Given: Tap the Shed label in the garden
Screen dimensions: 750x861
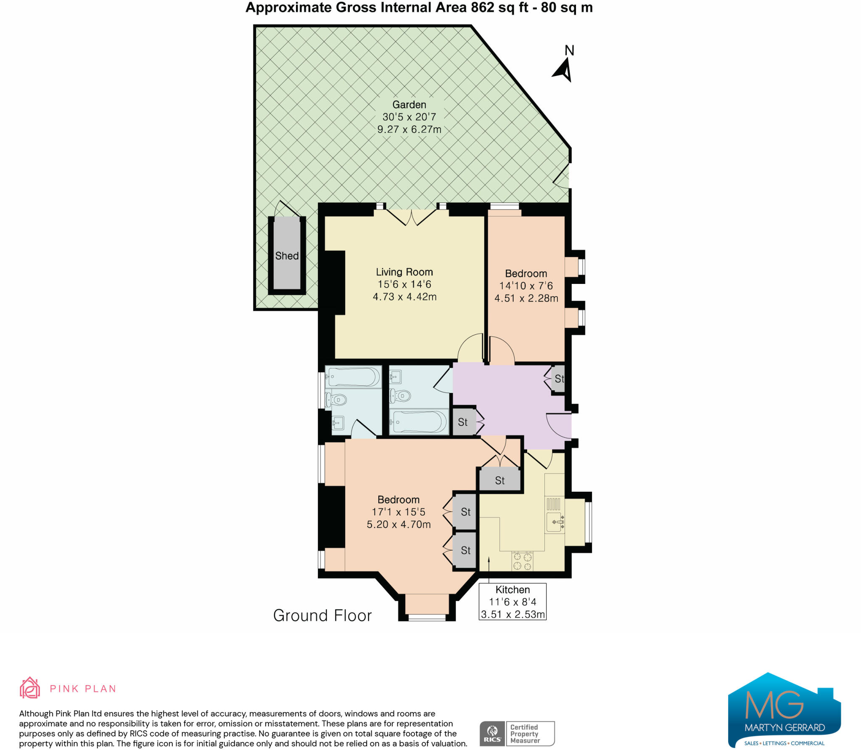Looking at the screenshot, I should [287, 256].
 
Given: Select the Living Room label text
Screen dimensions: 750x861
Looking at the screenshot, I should [404, 272].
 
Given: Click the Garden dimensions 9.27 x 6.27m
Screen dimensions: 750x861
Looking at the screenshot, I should [409, 130].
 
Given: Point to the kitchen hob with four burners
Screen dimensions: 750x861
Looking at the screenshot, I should [522, 561].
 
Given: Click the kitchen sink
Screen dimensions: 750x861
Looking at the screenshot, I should [554, 522].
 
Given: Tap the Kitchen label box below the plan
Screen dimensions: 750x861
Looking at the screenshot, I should [512, 602].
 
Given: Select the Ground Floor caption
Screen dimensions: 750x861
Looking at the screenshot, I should [322, 615].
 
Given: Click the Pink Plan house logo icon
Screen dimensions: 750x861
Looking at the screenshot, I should [30, 688].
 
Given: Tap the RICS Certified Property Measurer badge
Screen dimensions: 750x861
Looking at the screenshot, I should [517, 734].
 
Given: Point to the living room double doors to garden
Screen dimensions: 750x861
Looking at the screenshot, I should [412, 217].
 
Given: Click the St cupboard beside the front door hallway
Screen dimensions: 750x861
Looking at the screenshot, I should [558, 379].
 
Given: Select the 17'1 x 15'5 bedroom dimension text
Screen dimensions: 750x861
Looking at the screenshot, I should [398, 512].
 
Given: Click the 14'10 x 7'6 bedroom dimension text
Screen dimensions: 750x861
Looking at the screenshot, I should [526, 286].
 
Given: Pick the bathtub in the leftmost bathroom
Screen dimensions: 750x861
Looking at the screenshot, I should [353, 377].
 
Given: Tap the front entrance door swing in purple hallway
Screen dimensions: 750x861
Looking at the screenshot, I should [558, 426].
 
